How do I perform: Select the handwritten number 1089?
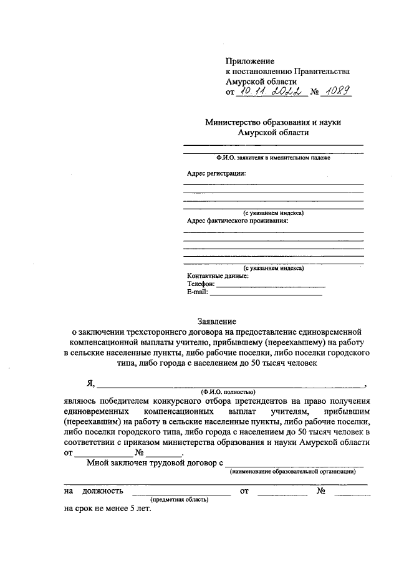coord(337,92)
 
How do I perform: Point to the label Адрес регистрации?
coord(216,173)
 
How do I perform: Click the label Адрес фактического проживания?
coord(238,221)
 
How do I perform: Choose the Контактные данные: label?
coord(218,275)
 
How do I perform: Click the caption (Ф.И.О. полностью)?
coord(228,391)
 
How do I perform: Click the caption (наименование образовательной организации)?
coord(293,472)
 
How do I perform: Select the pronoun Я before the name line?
coord(90,383)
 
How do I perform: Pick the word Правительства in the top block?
coord(324,71)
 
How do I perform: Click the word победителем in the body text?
coord(128,401)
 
